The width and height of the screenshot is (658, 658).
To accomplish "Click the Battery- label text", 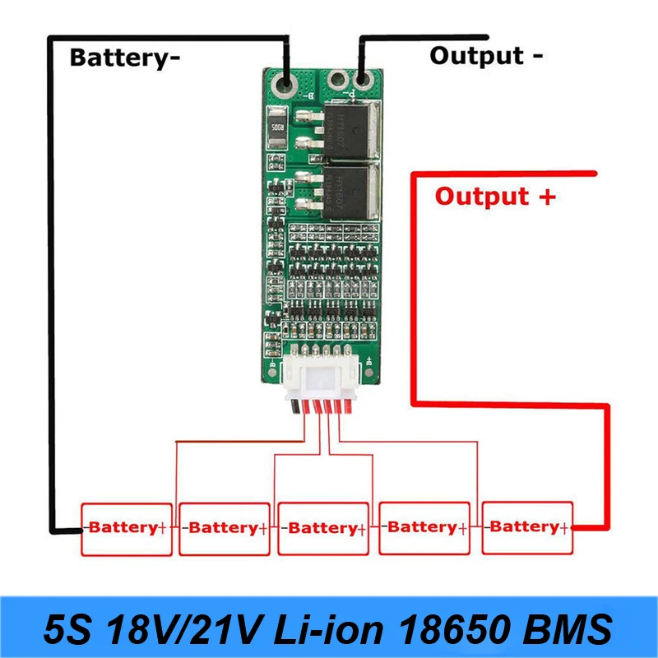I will (x=124, y=58).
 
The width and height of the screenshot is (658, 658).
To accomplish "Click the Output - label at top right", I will (x=486, y=56).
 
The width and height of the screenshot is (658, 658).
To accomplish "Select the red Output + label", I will (x=494, y=197).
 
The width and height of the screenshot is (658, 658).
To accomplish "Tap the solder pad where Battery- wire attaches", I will (x=284, y=84).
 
